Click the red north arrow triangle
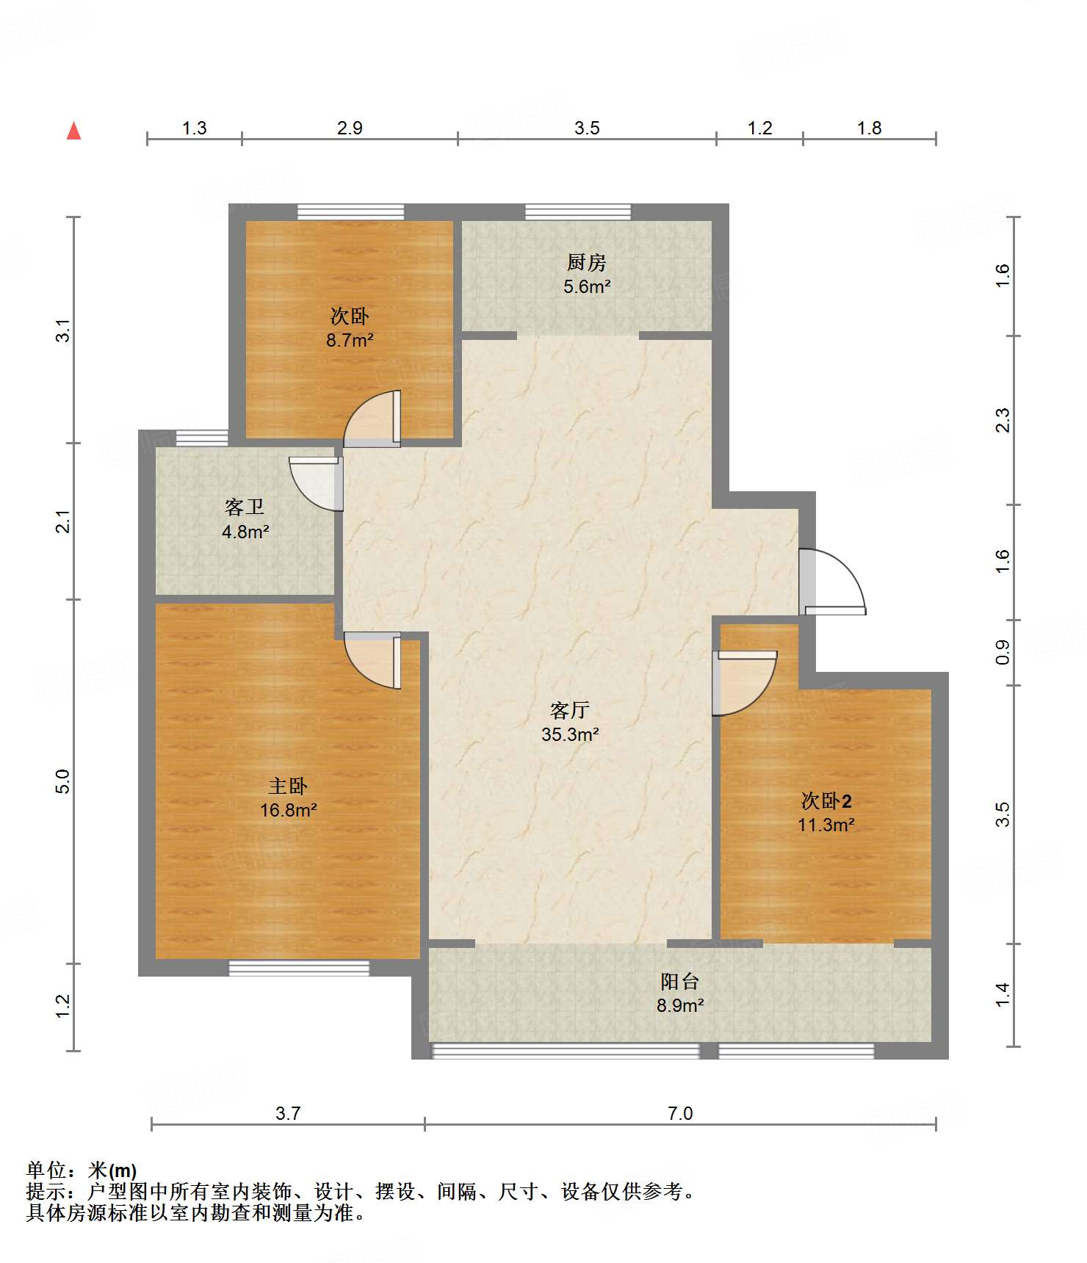point(73,131)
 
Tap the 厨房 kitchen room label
point(586,262)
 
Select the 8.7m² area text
point(350,341)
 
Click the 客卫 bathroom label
point(245,507)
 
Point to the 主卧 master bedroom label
point(288,786)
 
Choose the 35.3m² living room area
point(570,734)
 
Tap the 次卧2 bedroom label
point(826,800)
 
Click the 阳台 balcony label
point(680,981)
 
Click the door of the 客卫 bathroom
point(317,483)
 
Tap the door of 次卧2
point(745,683)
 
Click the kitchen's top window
point(578,212)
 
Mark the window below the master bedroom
point(299,968)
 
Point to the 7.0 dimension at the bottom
point(680,1113)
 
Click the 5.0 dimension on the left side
point(63,781)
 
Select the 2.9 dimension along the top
point(350,128)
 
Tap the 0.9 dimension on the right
point(1003,652)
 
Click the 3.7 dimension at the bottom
point(288,1113)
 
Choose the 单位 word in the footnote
point(46,1170)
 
